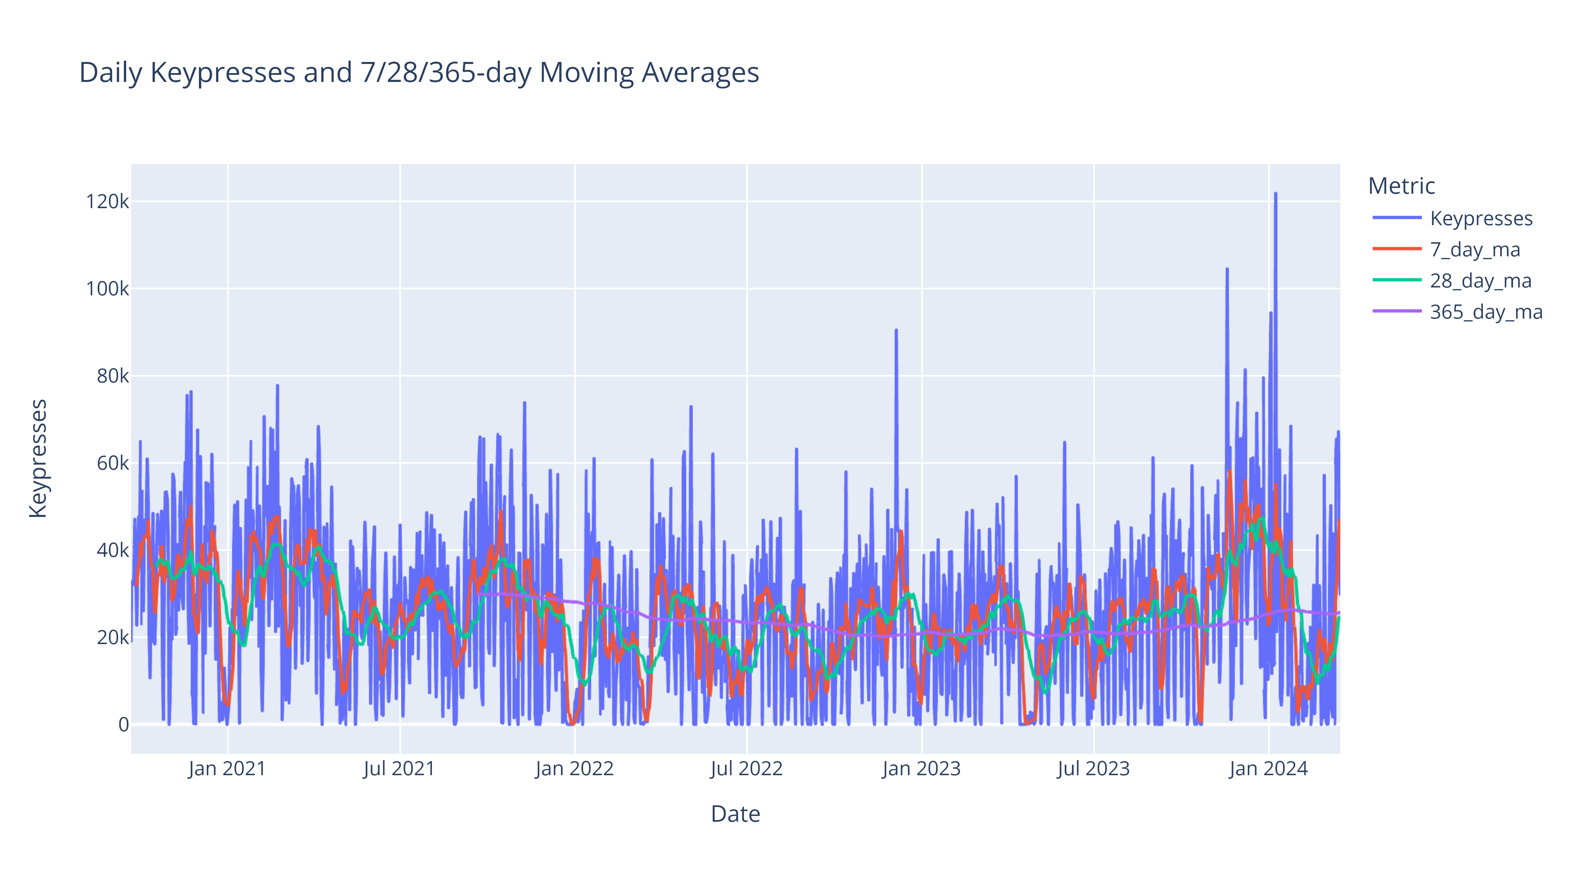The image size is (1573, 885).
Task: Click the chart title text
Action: pyautogui.click(x=419, y=73)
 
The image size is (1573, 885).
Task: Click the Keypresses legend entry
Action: pyautogui.click(x=1481, y=219)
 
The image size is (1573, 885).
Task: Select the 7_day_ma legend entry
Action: pyautogui.click(x=1475, y=250)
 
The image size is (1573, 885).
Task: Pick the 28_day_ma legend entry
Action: pyautogui.click(x=1480, y=281)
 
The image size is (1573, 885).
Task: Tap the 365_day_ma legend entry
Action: pyautogui.click(x=1486, y=312)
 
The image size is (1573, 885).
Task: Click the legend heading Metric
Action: pyautogui.click(x=1401, y=186)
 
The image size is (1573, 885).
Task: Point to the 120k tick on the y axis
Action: pyautogui.click(x=107, y=202)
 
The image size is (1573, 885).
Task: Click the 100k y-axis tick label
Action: pyautogui.click(x=107, y=289)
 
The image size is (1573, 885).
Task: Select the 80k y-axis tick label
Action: pyautogui.click(x=113, y=376)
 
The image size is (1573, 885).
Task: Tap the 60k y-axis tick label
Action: pyautogui.click(x=113, y=463)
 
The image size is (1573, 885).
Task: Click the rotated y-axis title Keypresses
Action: pyautogui.click(x=38, y=458)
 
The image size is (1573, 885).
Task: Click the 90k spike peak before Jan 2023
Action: pyautogui.click(x=896, y=330)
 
